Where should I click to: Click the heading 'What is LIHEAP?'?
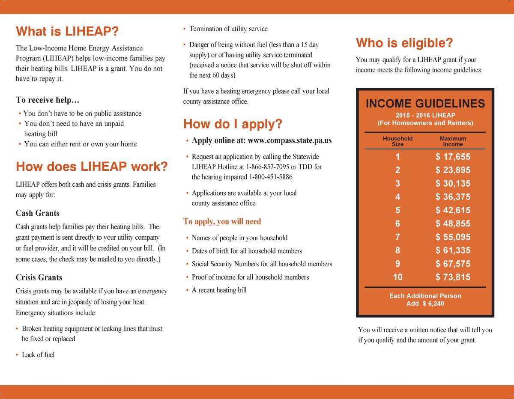click(67, 31)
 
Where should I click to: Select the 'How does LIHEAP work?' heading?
click(91, 167)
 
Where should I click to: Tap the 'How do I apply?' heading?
click(233, 124)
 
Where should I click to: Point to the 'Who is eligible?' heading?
click(404, 43)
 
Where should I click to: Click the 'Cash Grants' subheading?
click(38, 213)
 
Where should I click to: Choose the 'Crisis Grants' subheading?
click(39, 277)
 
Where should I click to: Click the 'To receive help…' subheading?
click(48, 100)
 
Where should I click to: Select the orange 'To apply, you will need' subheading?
click(222, 222)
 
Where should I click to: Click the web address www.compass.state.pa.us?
click(290, 140)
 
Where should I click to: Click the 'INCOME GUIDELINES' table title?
click(425, 104)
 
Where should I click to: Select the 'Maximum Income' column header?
click(453, 141)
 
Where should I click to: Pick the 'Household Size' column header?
click(397, 141)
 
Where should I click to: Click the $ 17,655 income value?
click(453, 157)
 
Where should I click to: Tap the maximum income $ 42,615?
click(453, 210)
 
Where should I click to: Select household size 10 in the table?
click(397, 277)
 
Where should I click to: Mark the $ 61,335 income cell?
click(453, 250)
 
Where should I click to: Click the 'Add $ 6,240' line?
click(425, 304)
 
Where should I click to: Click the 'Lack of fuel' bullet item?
click(38, 355)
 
